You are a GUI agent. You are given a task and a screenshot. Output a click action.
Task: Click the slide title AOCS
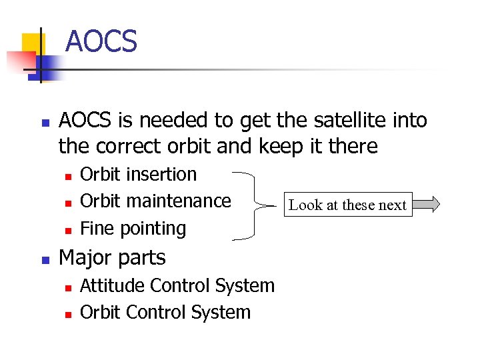(x=101, y=41)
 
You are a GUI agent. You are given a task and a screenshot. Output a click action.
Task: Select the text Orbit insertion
(x=138, y=174)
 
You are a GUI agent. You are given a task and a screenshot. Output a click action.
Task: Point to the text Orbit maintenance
(x=155, y=201)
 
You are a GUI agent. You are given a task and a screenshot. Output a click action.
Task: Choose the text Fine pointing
(x=133, y=228)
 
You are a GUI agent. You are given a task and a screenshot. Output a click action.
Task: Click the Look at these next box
(x=347, y=205)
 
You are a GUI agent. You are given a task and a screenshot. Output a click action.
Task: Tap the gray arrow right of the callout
(x=426, y=204)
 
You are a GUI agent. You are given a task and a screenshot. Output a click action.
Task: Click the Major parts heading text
(x=112, y=257)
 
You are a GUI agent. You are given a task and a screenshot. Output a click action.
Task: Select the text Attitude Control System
(x=177, y=285)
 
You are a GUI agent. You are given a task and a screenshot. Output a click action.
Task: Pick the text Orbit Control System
(x=165, y=312)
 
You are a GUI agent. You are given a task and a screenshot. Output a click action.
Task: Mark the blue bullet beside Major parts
(x=45, y=259)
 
